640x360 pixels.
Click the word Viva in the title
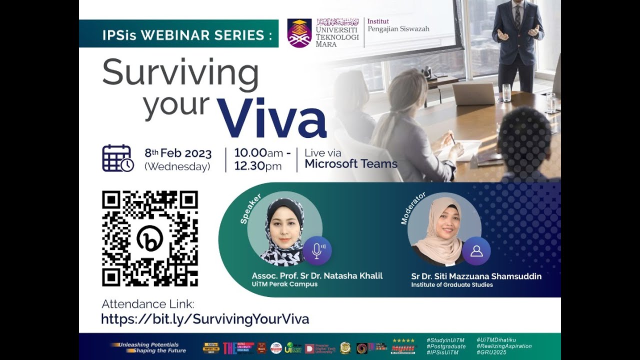point(271,118)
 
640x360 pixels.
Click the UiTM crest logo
point(299,33)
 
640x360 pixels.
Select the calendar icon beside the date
point(117,158)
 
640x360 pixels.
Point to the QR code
point(150,238)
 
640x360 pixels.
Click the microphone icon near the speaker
point(317,250)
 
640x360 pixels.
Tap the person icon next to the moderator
point(476,250)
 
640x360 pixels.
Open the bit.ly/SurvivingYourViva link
point(205,319)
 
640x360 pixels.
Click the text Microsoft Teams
point(351,163)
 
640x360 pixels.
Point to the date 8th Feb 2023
point(178,153)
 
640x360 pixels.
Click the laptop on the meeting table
point(473,93)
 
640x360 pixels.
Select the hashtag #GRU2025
point(491,352)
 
